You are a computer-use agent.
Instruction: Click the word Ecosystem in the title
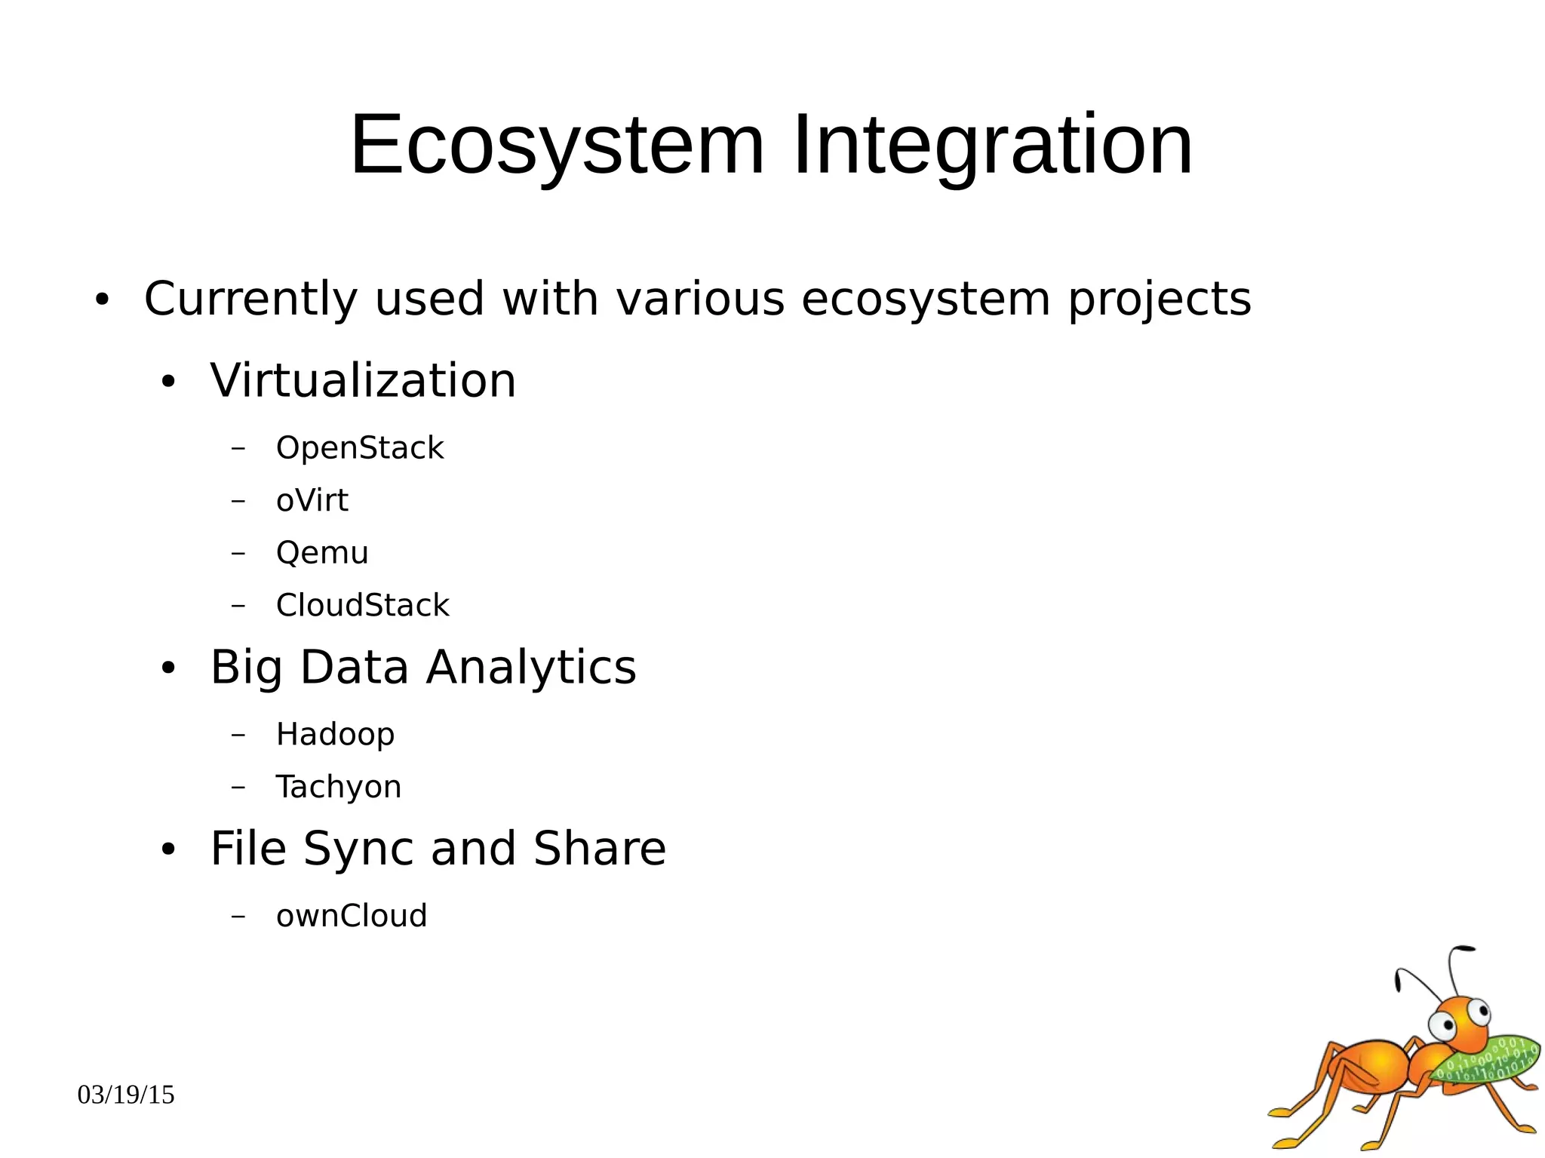(557, 145)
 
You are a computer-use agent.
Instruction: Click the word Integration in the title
(992, 145)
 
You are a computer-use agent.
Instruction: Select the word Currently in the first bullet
(250, 299)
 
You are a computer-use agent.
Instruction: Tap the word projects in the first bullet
(1160, 299)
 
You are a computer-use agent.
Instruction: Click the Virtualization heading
(363, 380)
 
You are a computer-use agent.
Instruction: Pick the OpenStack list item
(360, 448)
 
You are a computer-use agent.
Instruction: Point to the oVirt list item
(312, 501)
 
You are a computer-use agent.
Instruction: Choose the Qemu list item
(322, 553)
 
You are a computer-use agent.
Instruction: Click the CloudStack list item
(362, 606)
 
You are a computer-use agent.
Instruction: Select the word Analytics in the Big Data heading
(531, 668)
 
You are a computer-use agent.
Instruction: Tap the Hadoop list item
(335, 735)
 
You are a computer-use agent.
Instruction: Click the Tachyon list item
(338, 787)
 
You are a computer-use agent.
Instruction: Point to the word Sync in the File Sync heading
(359, 849)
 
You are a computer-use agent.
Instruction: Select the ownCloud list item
(352, 916)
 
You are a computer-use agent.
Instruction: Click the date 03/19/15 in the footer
(126, 1095)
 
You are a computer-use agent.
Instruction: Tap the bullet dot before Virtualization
(168, 382)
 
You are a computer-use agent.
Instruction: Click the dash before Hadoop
(238, 735)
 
